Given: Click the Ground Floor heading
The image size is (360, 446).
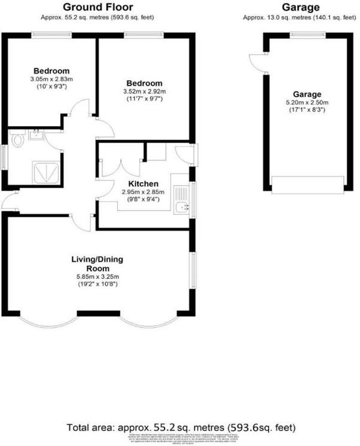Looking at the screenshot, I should pyautogui.click(x=97, y=8).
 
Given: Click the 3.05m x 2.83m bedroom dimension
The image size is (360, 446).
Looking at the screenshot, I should pyautogui.click(x=51, y=79).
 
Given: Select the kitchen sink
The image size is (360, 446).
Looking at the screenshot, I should pyautogui.click(x=182, y=207).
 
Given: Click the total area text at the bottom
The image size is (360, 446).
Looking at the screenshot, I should pyautogui.click(x=180, y=427).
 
